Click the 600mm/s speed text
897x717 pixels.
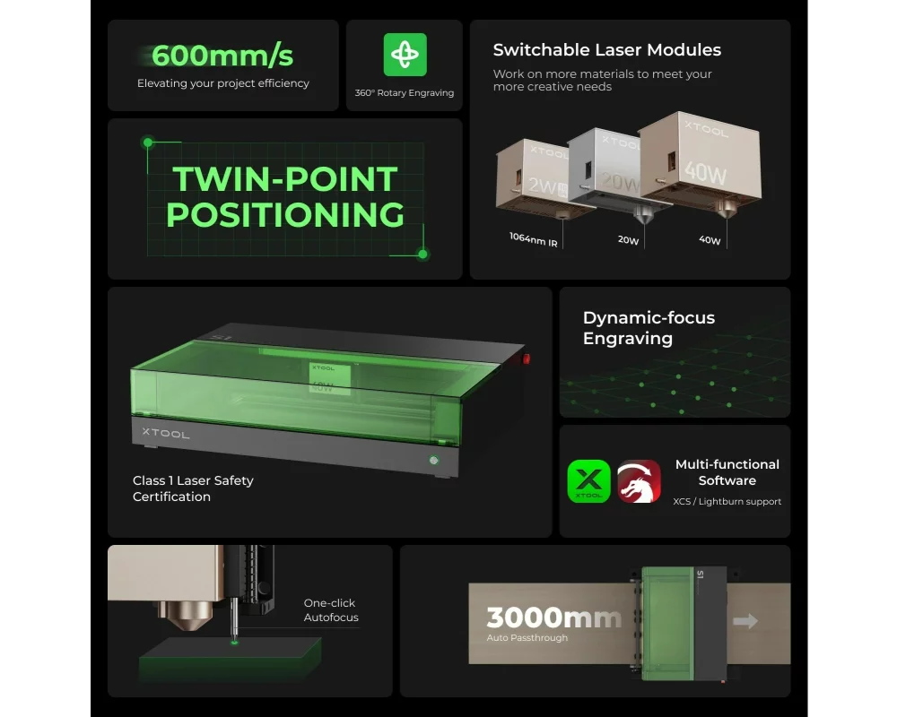(222, 56)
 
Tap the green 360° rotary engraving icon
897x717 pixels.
(405, 55)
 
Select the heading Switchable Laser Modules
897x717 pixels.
(607, 50)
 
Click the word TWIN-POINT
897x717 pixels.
(285, 179)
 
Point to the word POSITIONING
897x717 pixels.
(285, 214)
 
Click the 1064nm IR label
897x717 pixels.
(533, 239)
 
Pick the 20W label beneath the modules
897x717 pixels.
(628, 240)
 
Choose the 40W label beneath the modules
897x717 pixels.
(710, 240)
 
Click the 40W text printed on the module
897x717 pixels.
(705, 172)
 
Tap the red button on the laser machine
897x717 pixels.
(527, 358)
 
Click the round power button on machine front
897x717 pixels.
(434, 460)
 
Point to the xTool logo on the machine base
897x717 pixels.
(165, 434)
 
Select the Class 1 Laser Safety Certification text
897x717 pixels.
(193, 488)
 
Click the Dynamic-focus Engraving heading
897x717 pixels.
(649, 328)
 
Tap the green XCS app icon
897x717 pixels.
(588, 481)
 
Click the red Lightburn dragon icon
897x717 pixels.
(639, 481)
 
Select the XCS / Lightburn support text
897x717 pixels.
(727, 501)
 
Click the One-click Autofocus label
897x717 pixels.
(331, 610)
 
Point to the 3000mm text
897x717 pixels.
(553, 618)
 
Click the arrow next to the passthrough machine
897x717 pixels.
(745, 621)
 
